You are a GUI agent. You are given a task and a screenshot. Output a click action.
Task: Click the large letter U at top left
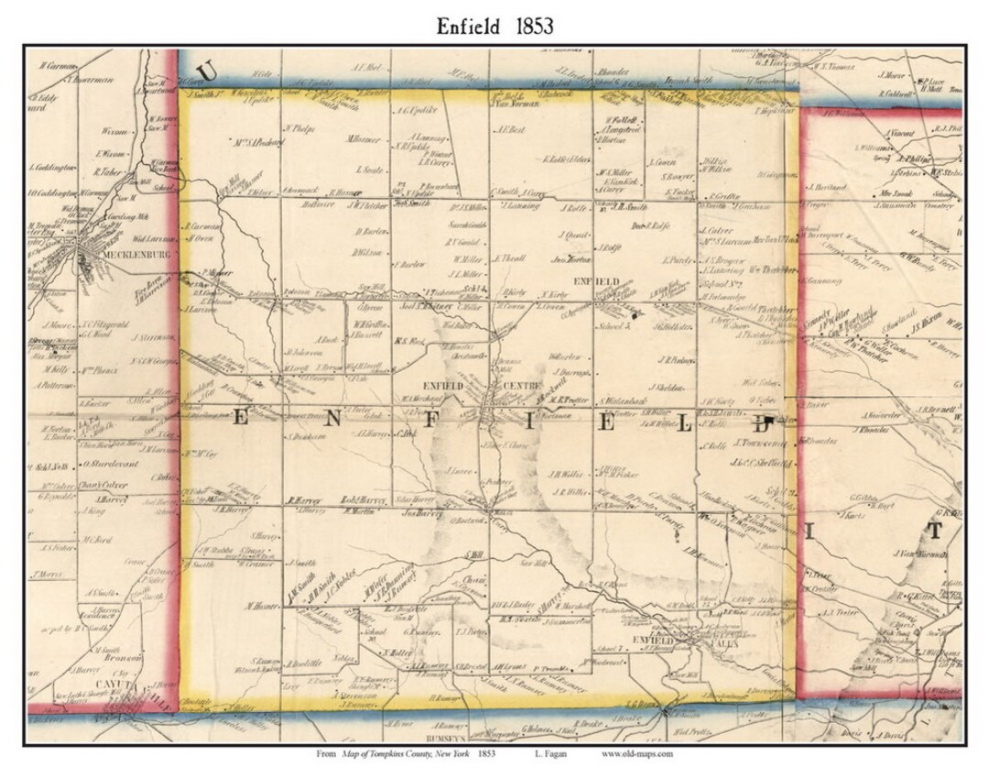[207, 70]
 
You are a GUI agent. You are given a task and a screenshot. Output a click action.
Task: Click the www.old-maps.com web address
[637, 754]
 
